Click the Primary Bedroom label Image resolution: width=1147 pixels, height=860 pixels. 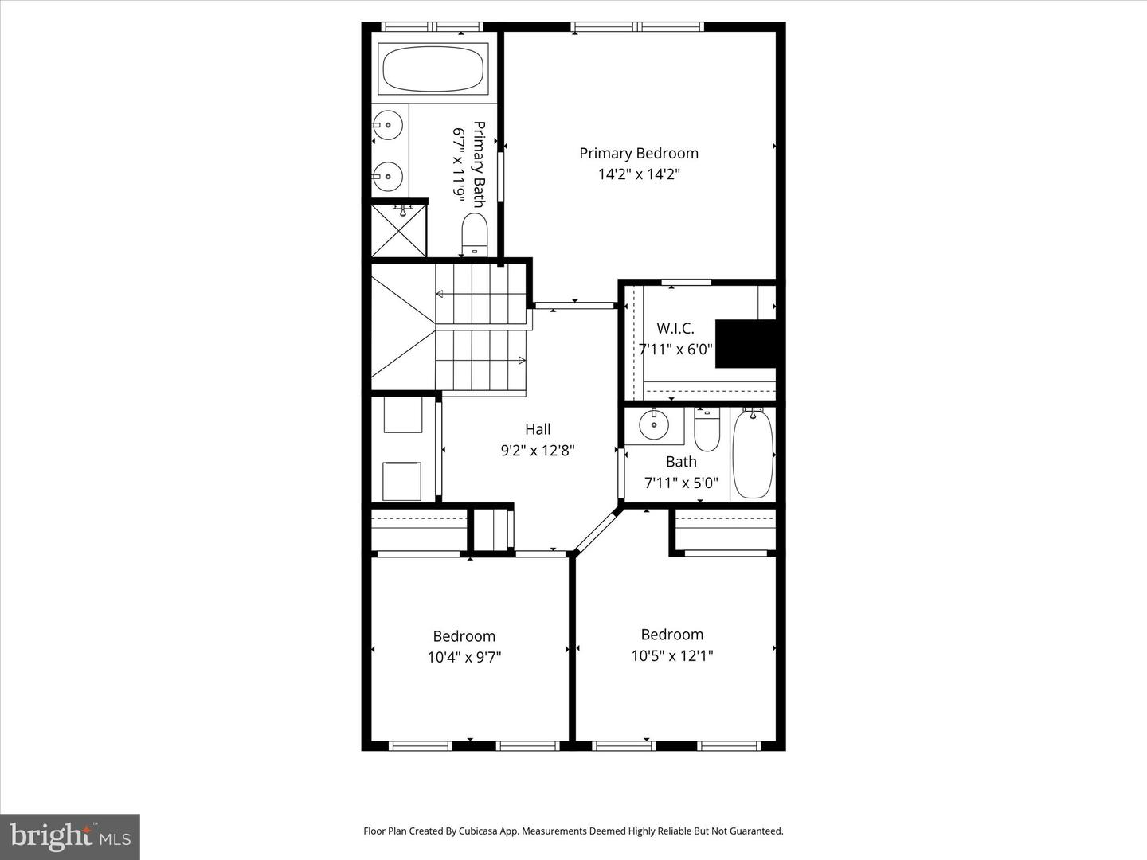pos(638,153)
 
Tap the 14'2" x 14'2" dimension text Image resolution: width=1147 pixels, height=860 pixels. pos(638,174)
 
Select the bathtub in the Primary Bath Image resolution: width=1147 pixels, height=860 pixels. pos(433,69)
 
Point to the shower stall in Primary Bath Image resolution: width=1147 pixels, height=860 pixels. pos(399,232)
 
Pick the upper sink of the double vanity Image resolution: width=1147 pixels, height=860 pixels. pos(388,125)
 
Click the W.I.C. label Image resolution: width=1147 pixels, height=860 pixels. pos(675,328)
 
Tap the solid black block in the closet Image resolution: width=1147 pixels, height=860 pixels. pos(746,343)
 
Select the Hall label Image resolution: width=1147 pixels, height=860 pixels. pos(538,429)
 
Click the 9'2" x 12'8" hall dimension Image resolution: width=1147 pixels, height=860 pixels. pos(538,450)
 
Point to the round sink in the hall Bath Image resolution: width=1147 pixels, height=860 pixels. pos(654,425)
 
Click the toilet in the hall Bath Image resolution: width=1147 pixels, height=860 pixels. pos(707,430)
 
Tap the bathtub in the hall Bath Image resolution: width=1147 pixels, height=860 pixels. pos(753,454)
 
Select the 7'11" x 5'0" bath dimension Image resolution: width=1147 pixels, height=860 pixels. pos(681,483)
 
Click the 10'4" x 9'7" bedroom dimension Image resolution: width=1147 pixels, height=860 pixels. pos(464,657)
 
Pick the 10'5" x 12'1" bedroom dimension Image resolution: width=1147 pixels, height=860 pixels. pos(672,655)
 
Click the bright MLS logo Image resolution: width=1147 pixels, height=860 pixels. pos(70,836)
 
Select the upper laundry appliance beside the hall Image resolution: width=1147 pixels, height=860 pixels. pos(403,415)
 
